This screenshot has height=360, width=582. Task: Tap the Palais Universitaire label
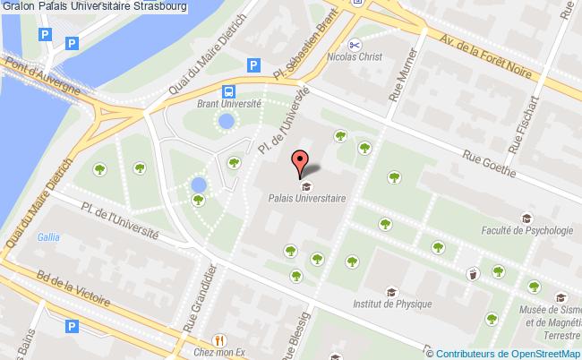click(306, 201)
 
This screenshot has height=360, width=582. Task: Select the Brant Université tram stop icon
click(229, 90)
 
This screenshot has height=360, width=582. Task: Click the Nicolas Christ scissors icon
click(355, 44)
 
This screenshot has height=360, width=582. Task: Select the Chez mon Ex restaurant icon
click(218, 340)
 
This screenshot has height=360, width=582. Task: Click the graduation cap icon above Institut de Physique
click(390, 291)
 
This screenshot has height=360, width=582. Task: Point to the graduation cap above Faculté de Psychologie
click(527, 218)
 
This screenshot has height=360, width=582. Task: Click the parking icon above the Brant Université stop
click(253, 64)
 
